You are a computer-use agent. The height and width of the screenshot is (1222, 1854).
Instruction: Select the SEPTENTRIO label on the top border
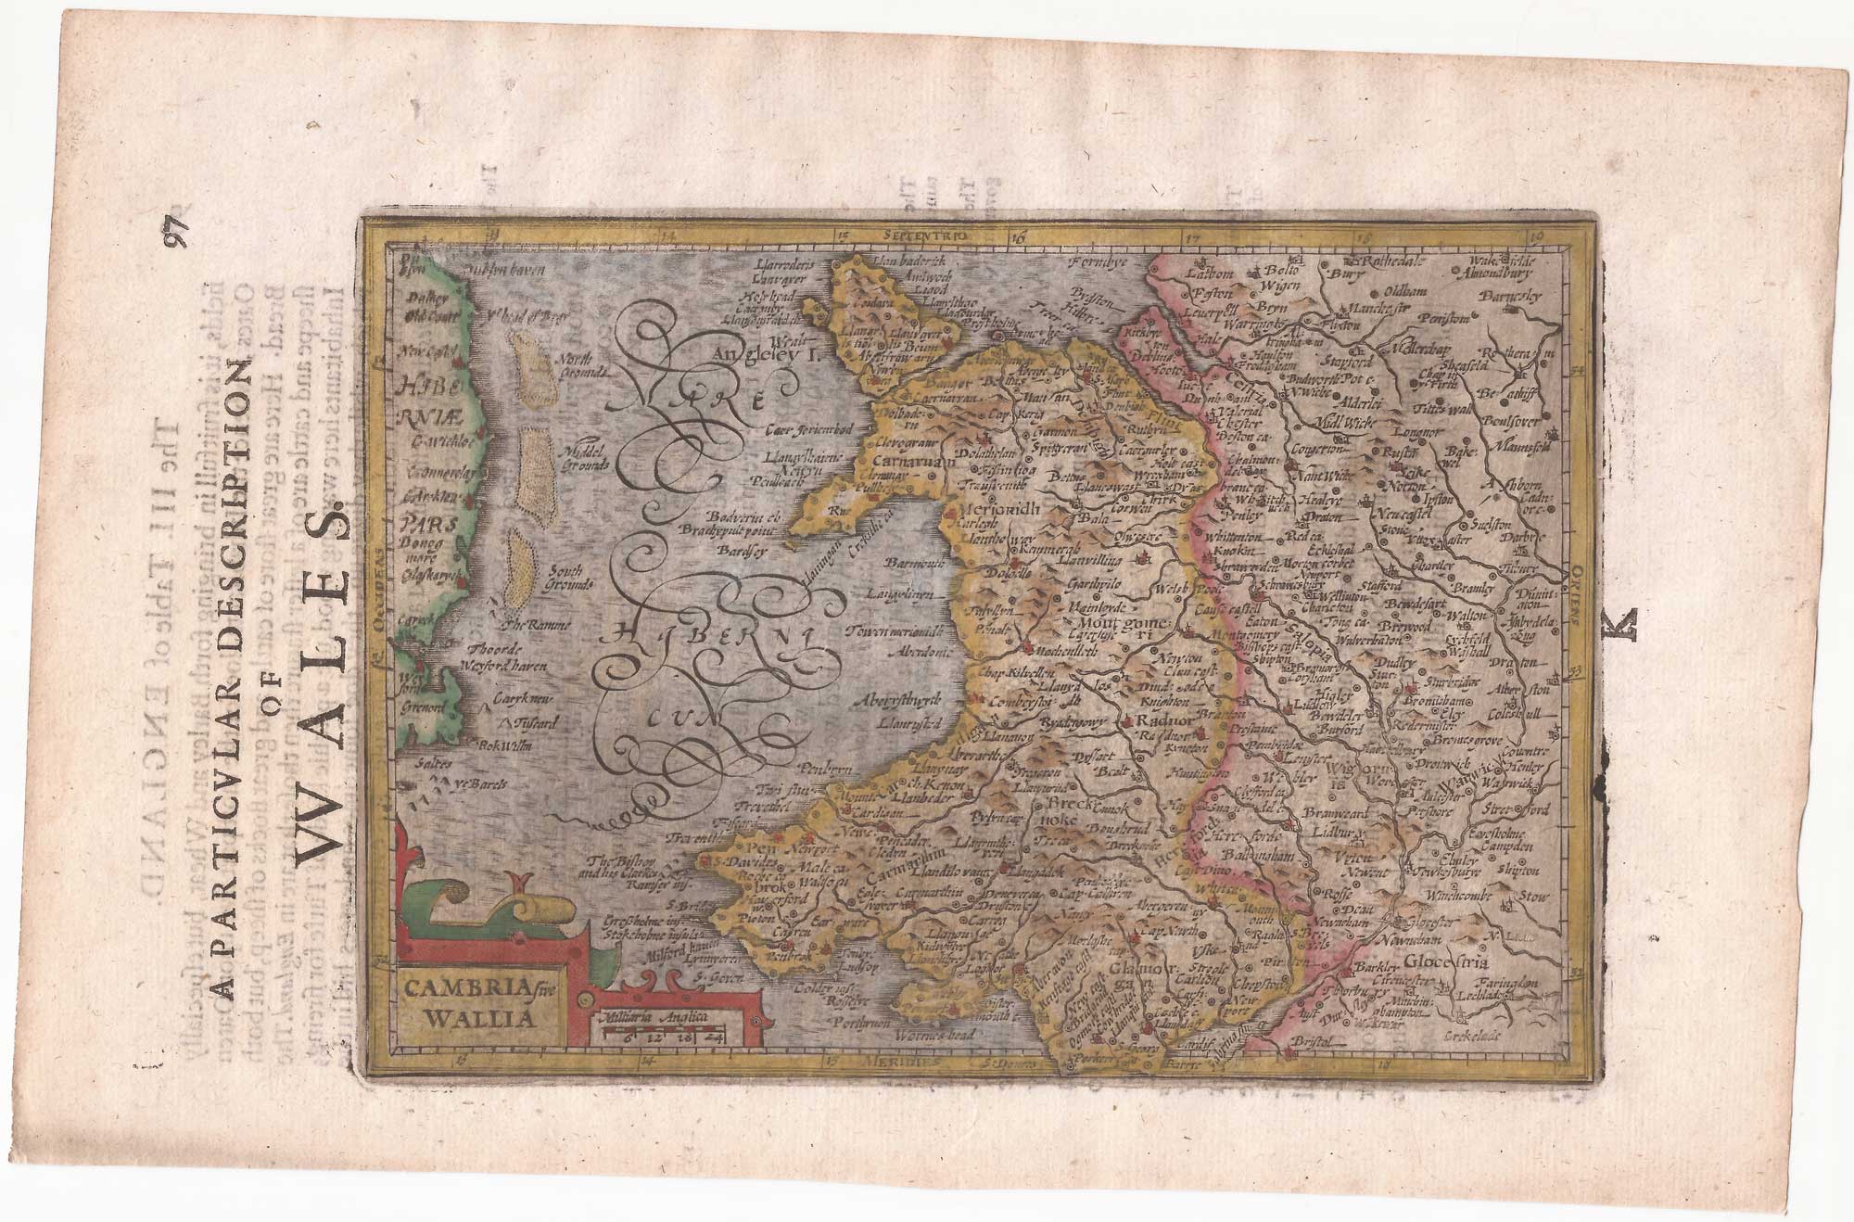(x=925, y=236)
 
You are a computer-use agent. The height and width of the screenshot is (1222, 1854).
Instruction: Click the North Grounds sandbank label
(x=581, y=363)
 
